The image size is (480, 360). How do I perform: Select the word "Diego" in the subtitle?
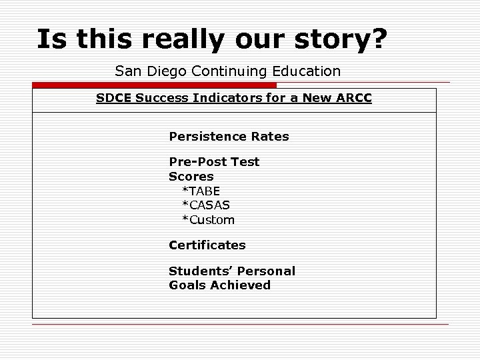click(166, 71)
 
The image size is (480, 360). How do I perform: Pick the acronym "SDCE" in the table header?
click(114, 99)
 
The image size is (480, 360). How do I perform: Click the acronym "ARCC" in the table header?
click(353, 99)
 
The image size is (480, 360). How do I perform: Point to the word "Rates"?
click(268, 137)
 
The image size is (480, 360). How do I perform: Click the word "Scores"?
click(191, 177)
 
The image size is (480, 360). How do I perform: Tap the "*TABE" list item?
click(201, 191)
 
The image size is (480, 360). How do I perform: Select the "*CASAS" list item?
click(206, 205)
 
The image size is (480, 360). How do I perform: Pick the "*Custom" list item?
click(209, 220)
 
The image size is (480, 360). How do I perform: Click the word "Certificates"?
click(207, 245)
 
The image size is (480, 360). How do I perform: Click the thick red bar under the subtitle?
click(154, 85)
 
